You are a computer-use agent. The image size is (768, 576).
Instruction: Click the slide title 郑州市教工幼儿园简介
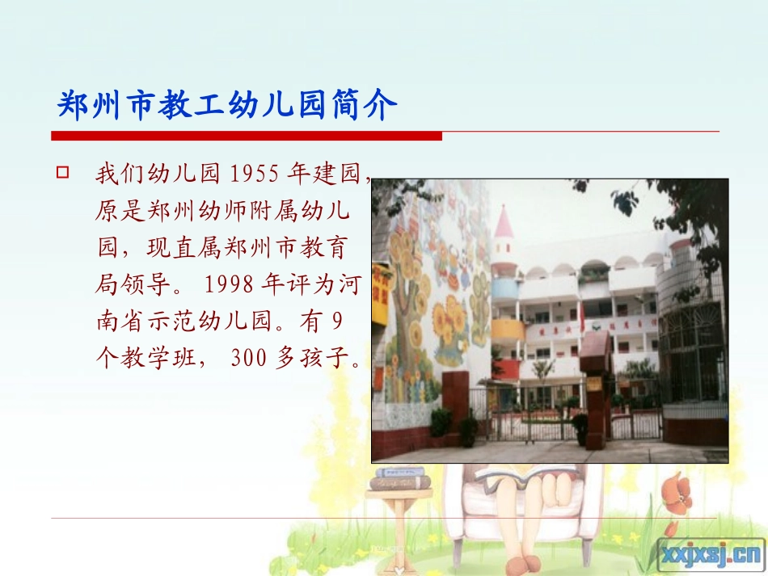pyautogui.click(x=227, y=104)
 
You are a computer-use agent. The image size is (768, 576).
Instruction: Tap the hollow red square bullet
pyautogui.click(x=63, y=172)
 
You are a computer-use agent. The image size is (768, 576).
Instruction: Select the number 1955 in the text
pyautogui.click(x=254, y=174)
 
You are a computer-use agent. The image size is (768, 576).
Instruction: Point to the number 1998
pyautogui.click(x=230, y=284)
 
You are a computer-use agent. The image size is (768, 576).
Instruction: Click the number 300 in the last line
pyautogui.click(x=249, y=358)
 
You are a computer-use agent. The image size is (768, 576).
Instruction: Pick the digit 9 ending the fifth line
pyautogui.click(x=337, y=321)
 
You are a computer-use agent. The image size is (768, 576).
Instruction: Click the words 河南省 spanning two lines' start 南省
pyautogui.click(x=134, y=321)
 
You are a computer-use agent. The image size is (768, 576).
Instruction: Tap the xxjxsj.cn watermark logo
pyautogui.click(x=711, y=555)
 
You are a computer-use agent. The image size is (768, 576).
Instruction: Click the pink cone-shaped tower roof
pyautogui.click(x=504, y=222)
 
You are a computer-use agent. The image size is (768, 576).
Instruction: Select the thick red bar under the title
pyautogui.click(x=247, y=136)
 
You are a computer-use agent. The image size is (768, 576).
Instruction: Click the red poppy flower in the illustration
pyautogui.click(x=677, y=494)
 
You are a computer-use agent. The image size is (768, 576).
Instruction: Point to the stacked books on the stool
pyautogui.click(x=400, y=478)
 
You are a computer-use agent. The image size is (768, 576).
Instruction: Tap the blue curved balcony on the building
pyautogui.click(x=504, y=289)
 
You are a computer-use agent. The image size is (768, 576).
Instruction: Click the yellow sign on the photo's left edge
pyautogui.click(x=380, y=293)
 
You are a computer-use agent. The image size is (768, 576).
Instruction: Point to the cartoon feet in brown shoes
pyautogui.click(x=524, y=563)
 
